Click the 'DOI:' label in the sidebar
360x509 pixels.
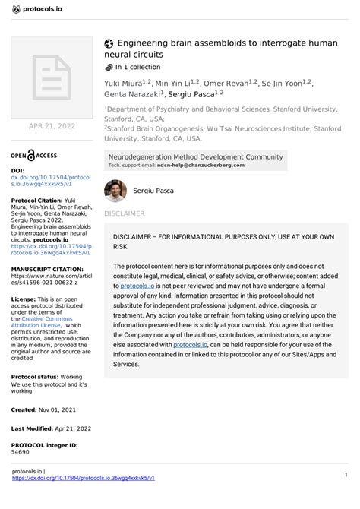coord(18,171)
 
